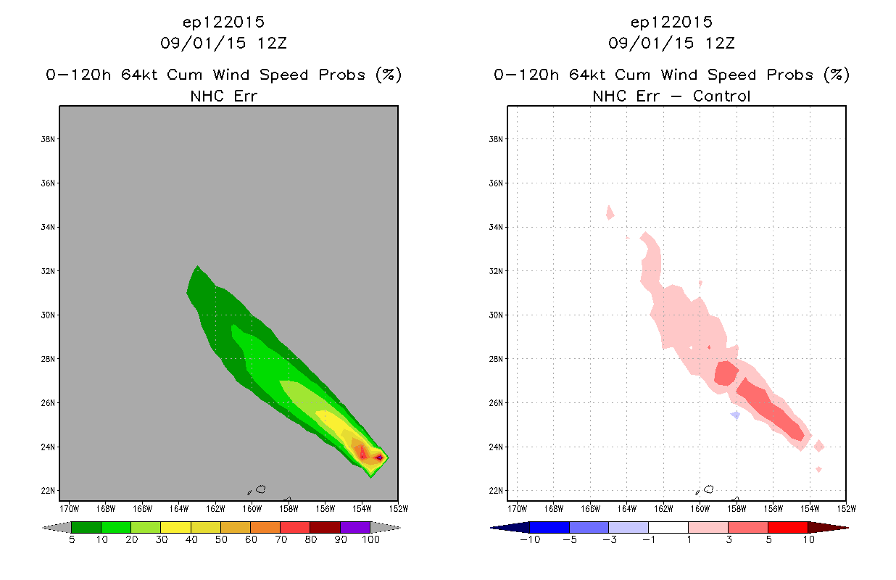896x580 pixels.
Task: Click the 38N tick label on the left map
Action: [x=48, y=139]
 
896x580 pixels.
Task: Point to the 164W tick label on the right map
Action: [x=627, y=509]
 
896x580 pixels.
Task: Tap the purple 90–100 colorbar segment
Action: [x=355, y=527]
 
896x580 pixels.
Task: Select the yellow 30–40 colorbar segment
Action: [x=175, y=527]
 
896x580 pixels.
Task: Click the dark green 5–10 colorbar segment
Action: [x=86, y=527]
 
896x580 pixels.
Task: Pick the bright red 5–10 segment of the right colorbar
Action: [x=788, y=527]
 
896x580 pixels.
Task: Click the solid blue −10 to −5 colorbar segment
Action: [x=549, y=527]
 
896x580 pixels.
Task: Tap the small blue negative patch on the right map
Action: [x=736, y=415]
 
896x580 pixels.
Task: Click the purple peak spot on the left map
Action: [x=379, y=457]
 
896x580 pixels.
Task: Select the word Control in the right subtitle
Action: [x=721, y=96]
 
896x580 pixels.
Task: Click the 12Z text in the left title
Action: [x=272, y=43]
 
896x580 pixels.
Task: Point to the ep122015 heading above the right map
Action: [x=671, y=22]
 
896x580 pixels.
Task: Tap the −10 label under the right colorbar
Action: [x=530, y=539]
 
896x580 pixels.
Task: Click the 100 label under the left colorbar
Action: [x=371, y=539]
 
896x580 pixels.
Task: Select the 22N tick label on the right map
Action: [x=496, y=491]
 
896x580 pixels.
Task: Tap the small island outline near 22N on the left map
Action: [x=261, y=489]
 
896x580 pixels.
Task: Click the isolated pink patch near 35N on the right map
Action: [x=610, y=213]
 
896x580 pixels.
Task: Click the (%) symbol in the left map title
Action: [x=389, y=75]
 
